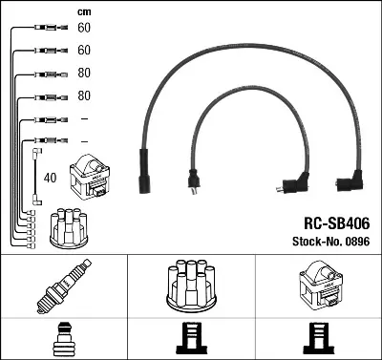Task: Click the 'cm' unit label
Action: (x=84, y=12)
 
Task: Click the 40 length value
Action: (x=50, y=178)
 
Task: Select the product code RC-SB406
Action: (x=337, y=223)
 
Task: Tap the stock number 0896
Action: (x=356, y=242)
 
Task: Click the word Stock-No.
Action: (x=316, y=242)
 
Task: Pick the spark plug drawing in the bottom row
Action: (x=64, y=286)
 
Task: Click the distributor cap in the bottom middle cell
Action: (x=192, y=286)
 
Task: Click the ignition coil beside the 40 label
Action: (x=90, y=177)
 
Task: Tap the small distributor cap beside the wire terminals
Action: (x=69, y=227)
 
